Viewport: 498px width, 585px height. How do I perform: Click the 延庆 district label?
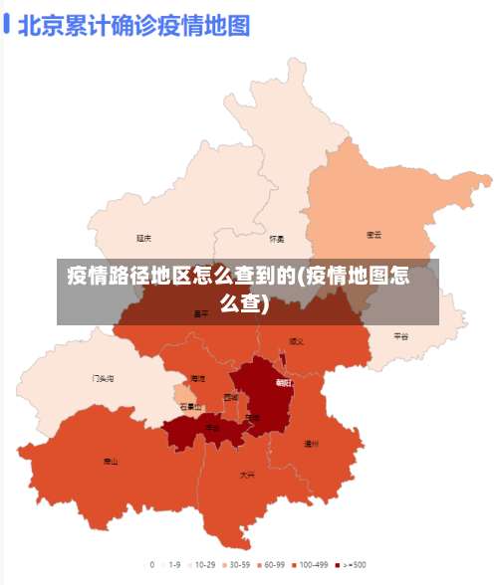click(x=144, y=238)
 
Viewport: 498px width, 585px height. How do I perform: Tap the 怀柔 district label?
click(x=277, y=239)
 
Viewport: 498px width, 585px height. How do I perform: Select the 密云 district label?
click(x=374, y=235)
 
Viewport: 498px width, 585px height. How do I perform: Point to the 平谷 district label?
click(x=400, y=336)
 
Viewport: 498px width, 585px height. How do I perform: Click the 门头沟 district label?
click(x=103, y=378)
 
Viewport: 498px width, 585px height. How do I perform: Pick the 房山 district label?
click(x=111, y=461)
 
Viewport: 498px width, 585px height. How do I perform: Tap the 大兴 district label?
click(x=247, y=475)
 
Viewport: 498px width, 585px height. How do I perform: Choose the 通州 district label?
click(x=311, y=444)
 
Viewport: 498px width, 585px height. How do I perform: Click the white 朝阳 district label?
click(x=285, y=381)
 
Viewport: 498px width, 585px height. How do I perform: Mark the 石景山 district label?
click(x=190, y=406)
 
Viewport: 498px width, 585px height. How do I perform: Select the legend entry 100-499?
click(x=310, y=564)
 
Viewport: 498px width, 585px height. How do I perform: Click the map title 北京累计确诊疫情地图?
click(x=133, y=23)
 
